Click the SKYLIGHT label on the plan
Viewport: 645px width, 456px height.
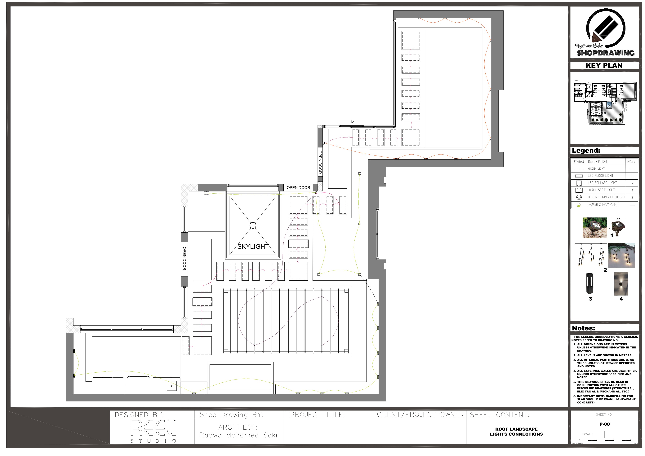[253, 247]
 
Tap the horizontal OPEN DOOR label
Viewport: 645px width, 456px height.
[298, 188]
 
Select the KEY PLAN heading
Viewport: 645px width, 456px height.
[604, 65]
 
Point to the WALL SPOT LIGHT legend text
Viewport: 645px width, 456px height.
[602, 190]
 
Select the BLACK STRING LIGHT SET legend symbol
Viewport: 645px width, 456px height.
[579, 197]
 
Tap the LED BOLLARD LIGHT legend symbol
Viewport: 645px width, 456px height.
[579, 183]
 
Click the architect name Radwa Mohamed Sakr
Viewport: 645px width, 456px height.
[239, 435]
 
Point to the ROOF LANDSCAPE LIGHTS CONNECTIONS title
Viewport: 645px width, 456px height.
[516, 432]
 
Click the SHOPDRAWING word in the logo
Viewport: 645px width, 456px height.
[605, 53]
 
